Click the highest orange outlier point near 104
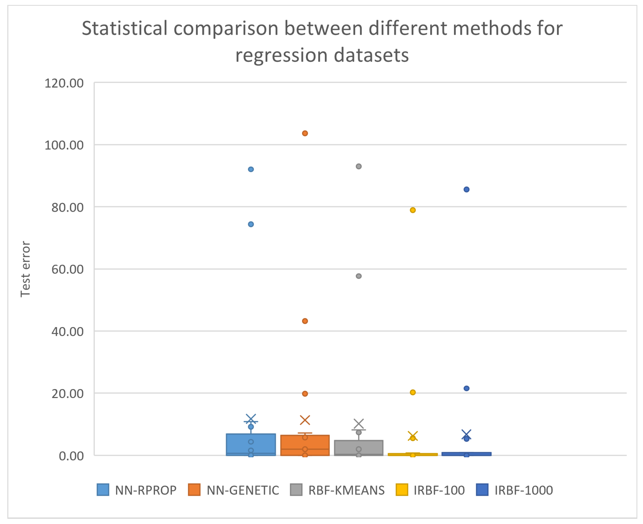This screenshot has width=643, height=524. (305, 133)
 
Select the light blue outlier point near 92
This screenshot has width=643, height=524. (251, 169)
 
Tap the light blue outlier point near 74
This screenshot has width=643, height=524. (251, 224)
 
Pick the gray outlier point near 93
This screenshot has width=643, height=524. (358, 166)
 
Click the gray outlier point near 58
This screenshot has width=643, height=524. (358, 276)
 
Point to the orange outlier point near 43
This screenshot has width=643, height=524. (305, 321)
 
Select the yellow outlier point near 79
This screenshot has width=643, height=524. (412, 210)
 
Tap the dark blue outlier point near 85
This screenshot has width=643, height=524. (466, 190)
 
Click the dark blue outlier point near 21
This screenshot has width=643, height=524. (466, 388)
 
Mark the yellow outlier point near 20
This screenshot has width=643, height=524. (412, 392)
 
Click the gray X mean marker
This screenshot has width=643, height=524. (358, 424)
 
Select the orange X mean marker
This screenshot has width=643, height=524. (305, 420)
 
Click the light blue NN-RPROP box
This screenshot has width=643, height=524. (251, 444)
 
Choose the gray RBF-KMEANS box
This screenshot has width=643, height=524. (358, 447)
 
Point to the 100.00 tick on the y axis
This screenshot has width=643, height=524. (64, 145)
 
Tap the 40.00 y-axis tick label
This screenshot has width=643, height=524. (67, 332)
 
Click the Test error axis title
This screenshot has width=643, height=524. (26, 269)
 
